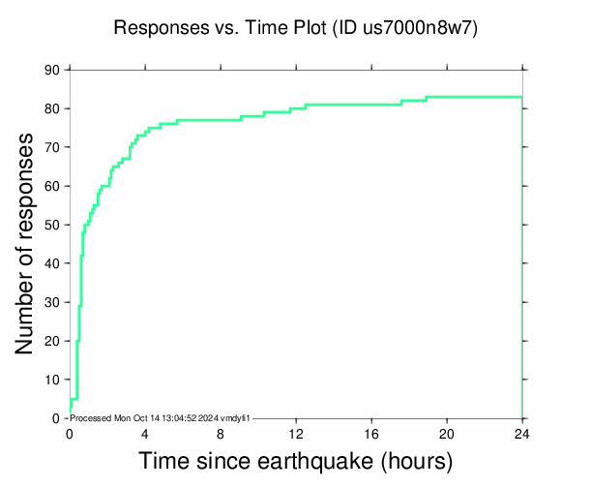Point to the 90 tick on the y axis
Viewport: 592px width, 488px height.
[52, 70]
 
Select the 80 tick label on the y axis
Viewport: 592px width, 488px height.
[52, 108]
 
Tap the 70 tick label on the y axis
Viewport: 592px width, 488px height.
[52, 147]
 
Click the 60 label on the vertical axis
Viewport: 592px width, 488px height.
[52, 186]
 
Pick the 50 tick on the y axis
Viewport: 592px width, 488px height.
[52, 225]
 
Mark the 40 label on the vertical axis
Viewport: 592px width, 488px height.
[52, 263]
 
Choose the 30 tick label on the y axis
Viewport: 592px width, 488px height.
[52, 302]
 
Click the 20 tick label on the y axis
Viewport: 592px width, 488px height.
[52, 341]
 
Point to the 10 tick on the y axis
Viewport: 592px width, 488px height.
[52, 380]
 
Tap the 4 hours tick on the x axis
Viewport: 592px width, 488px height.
[145, 433]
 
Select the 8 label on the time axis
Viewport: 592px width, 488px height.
[221, 433]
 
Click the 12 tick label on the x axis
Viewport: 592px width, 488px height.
[296, 433]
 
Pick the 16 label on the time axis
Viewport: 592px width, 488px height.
[371, 433]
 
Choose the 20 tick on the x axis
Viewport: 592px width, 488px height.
[447, 433]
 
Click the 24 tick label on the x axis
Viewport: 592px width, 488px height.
[522, 433]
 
